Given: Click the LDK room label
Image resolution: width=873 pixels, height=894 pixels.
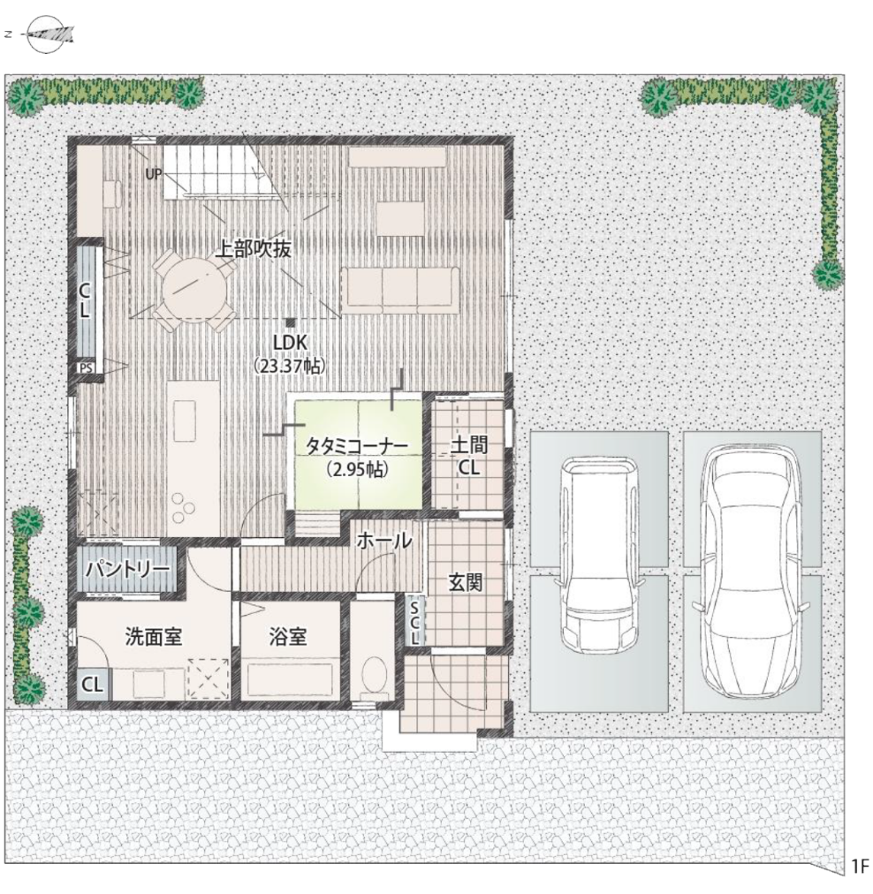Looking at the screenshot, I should [289, 341].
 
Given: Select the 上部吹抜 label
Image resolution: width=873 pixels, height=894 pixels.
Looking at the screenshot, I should [254, 249].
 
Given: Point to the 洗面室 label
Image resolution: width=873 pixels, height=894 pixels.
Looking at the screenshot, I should [153, 636].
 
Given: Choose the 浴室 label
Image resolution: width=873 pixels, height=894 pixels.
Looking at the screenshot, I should [288, 636].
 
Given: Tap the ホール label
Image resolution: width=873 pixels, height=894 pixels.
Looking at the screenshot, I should [384, 542].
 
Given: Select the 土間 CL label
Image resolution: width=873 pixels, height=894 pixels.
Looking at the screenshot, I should [468, 456].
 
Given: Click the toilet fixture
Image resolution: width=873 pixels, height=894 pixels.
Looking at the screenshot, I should [375, 676].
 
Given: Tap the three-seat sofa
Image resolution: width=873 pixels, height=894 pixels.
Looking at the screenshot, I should [399, 289].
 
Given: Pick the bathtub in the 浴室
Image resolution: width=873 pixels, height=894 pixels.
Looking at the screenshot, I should [290, 679].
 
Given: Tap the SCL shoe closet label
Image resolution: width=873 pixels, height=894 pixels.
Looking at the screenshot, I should [414, 622].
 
